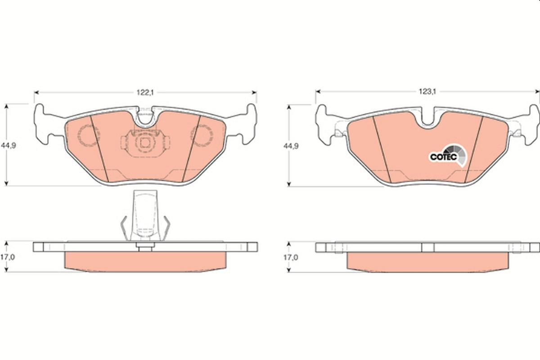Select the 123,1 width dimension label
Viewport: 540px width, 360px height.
428,91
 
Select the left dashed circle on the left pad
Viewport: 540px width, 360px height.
88,135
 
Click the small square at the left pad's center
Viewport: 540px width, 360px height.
145,143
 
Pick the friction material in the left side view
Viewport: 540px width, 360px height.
145,261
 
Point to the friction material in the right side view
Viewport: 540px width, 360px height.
427,261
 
